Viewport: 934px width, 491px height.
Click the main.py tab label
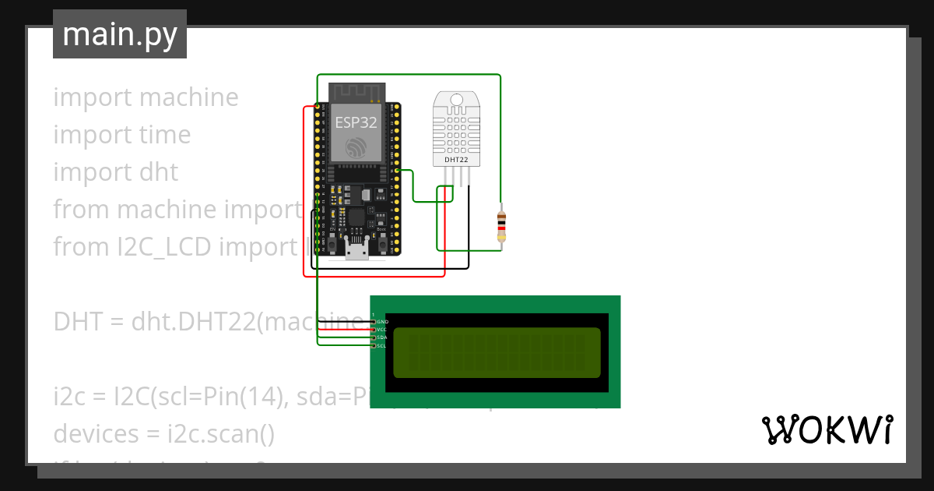119,34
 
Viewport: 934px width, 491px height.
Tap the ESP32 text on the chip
356,122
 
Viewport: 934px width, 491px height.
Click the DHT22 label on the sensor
455,160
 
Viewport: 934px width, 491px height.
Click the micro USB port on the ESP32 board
358,250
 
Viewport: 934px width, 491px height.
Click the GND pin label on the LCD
382,322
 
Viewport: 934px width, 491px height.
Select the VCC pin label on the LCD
382,330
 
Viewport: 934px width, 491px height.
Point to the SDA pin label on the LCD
382,337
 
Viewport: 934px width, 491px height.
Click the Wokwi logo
827,429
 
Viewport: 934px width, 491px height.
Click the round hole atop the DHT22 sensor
455,99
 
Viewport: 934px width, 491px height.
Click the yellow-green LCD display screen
497,352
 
